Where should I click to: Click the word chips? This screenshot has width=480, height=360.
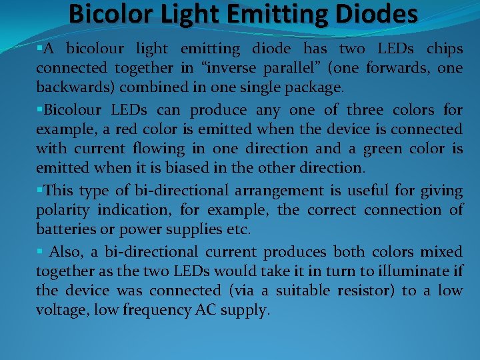445,49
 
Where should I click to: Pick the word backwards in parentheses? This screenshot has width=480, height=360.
69,88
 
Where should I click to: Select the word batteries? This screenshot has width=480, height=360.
63,230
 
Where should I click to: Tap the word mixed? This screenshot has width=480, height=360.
441,252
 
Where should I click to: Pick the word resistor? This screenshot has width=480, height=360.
363,291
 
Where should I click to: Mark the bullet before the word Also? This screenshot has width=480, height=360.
40,251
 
